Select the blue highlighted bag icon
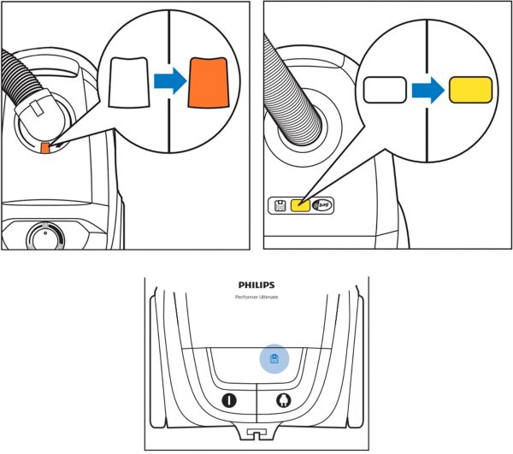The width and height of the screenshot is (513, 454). coord(274,359)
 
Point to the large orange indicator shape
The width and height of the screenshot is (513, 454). coord(209,82)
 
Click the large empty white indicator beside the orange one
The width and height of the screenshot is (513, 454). coord(130,83)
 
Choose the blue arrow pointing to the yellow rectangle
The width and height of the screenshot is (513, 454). coord(427,88)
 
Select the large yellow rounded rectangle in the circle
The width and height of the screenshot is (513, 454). coord(470,88)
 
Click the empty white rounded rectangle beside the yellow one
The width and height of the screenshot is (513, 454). coord(385,89)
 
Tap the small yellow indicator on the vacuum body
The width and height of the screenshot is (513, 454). coord(300,205)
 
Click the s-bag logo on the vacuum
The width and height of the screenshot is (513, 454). coord(321,205)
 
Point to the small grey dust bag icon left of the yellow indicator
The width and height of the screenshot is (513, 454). coord(280,205)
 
